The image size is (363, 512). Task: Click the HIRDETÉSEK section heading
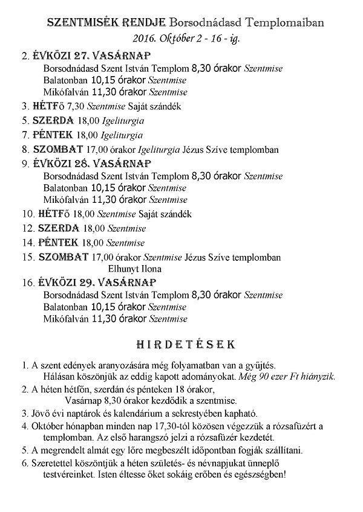tap(181, 345)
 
